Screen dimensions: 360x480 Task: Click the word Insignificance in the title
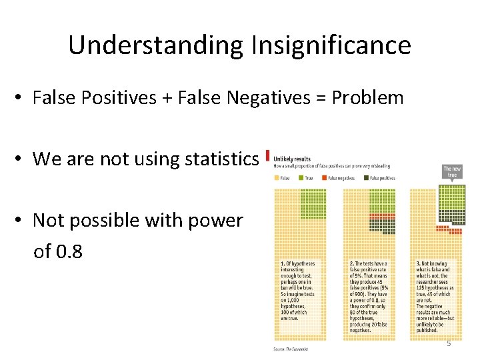(331, 45)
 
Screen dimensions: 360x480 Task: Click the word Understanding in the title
(157, 45)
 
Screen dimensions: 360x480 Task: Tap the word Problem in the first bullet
(368, 98)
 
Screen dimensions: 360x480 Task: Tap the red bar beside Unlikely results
(268, 156)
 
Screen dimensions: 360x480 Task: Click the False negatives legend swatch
(325, 178)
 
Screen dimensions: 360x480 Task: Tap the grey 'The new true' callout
(451, 172)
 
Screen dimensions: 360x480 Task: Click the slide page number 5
(449, 343)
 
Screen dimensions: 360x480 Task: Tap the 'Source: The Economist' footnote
(291, 349)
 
